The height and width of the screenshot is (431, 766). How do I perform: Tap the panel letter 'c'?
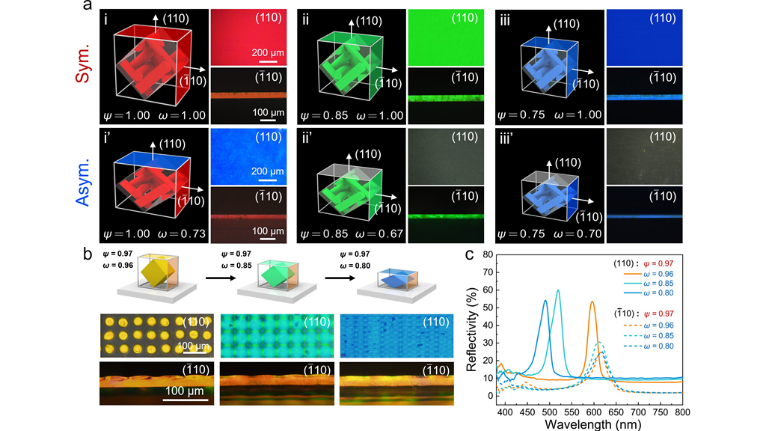[x=469, y=254]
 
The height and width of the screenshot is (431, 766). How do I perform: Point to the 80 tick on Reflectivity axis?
[x=491, y=254]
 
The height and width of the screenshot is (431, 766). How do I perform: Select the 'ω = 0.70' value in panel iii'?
[x=574, y=234]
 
